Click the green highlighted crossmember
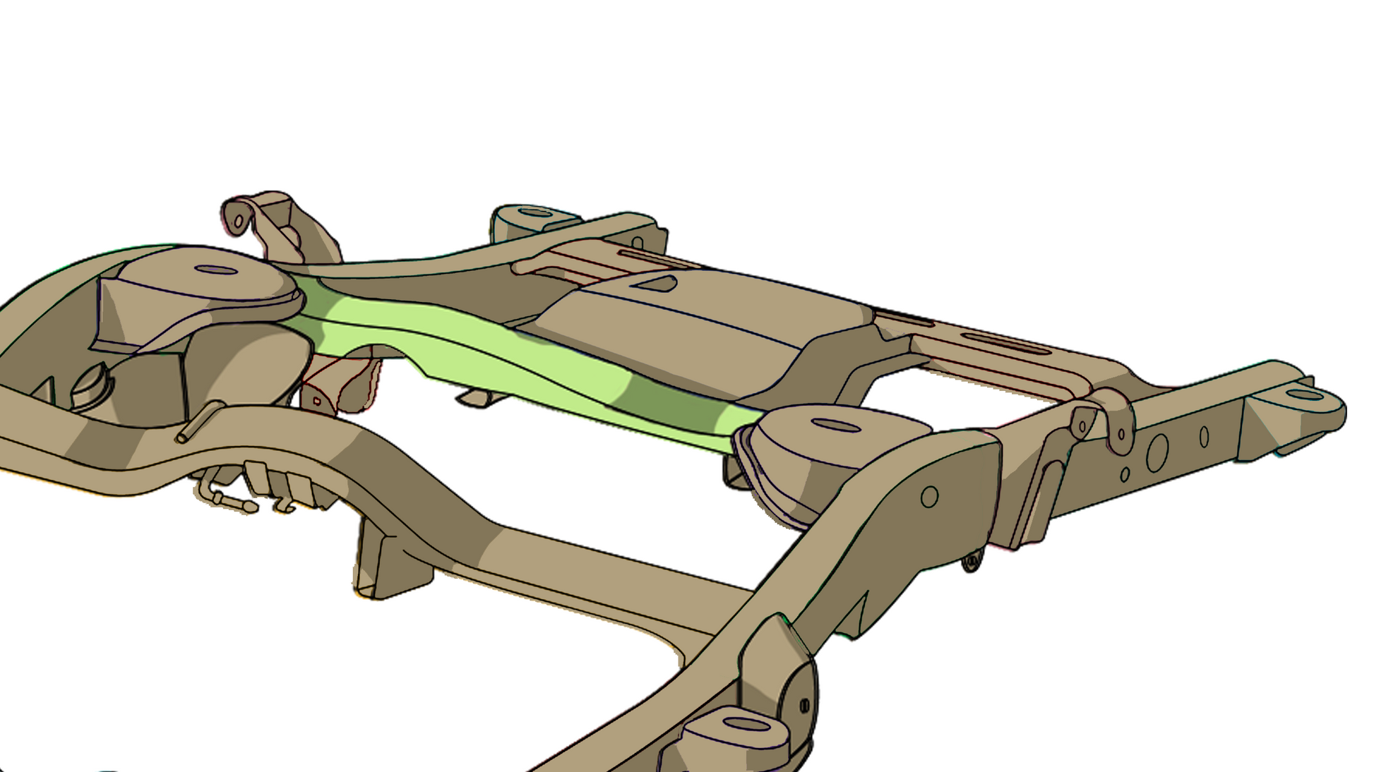[x=494, y=353]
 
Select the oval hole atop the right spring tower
[x=836, y=426]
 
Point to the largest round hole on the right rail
[x=1157, y=452]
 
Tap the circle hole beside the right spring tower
[x=929, y=497]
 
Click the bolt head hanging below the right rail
[x=972, y=562]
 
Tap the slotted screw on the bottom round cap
[x=804, y=705]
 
